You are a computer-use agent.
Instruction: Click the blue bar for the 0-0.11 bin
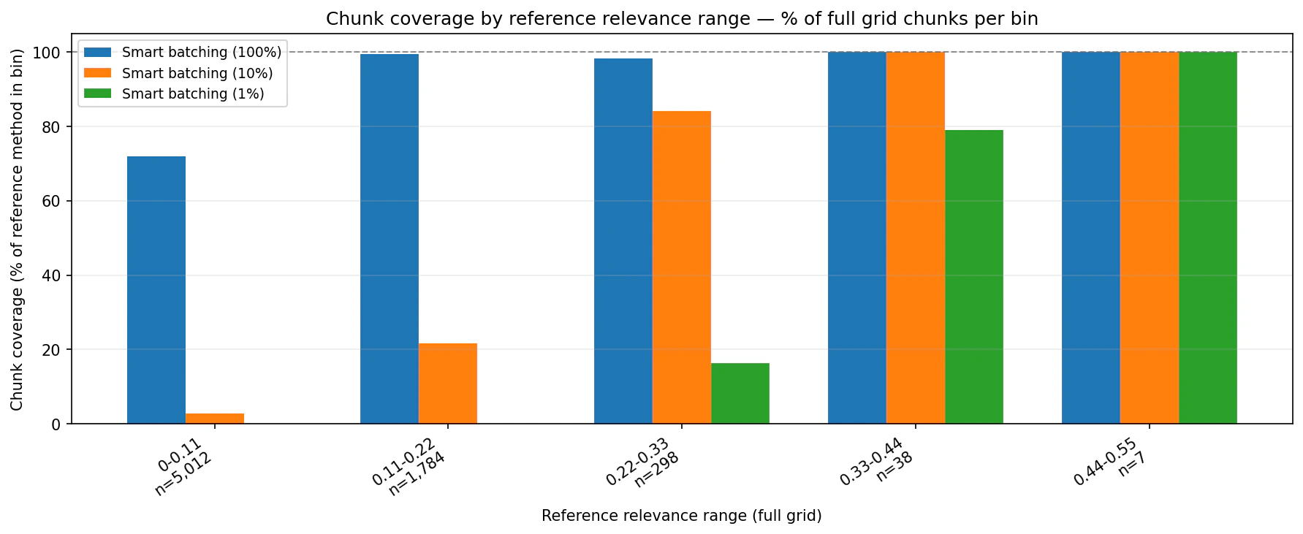(156, 290)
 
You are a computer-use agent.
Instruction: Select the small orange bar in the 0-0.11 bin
(214, 419)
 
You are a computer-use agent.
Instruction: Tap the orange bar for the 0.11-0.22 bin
(447, 384)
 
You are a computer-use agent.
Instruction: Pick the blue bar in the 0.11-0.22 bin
(389, 239)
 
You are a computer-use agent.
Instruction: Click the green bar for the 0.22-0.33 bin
(740, 393)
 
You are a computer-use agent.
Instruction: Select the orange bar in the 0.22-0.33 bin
(681, 267)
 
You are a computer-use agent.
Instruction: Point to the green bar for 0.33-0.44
(973, 277)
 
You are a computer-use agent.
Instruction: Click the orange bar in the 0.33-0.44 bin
(915, 237)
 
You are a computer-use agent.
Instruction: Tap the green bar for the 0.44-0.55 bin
(1207, 237)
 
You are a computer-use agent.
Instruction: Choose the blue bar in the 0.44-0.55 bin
(1090, 237)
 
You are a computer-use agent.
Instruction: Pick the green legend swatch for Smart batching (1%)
(97, 94)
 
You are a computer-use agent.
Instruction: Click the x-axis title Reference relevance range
(681, 516)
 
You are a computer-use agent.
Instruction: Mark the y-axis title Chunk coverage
(17, 229)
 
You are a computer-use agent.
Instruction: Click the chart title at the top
(681, 19)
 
